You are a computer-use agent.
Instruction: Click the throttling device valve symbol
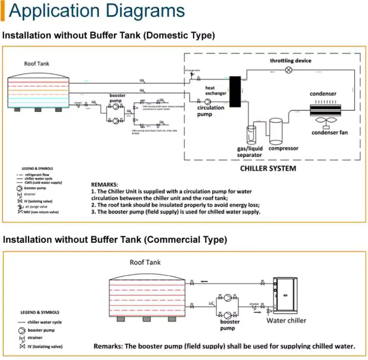[289, 70]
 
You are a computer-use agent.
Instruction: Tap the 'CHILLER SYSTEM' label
[268, 169]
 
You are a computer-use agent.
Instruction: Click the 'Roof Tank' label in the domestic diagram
[37, 64]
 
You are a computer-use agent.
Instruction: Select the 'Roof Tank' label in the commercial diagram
[145, 262]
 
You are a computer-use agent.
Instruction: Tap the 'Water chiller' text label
[286, 321]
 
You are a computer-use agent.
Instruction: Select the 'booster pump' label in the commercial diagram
[230, 325]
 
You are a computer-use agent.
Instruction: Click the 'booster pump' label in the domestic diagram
[117, 98]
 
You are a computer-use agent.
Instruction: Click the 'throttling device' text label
[290, 61]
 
